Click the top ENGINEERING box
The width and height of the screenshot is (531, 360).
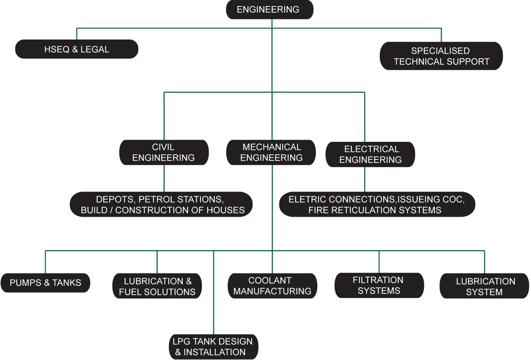pyautogui.click(x=269, y=10)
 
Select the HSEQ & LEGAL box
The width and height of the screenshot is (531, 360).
pyautogui.click(x=77, y=49)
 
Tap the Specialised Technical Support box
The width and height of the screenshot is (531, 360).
pyautogui.click(x=441, y=56)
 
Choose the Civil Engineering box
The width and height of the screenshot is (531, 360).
pyautogui.click(x=164, y=153)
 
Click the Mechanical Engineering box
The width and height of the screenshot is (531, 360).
pyautogui.click(x=271, y=153)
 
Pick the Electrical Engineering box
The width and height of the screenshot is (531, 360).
pyautogui.click(x=370, y=154)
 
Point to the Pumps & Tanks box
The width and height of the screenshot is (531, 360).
pyautogui.click(x=45, y=283)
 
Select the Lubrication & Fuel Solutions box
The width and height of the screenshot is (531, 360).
pyautogui.click(x=157, y=287)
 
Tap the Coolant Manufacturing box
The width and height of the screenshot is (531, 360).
pyautogui.click(x=272, y=286)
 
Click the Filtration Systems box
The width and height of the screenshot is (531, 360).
pyautogui.click(x=379, y=285)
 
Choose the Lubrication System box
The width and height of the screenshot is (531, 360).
pyautogui.click(x=484, y=287)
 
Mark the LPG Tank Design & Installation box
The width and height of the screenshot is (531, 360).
pyautogui.click(x=213, y=347)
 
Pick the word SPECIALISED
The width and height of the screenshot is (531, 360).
pyautogui.click(x=440, y=51)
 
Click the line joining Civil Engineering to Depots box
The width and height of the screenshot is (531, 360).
pyautogui.click(x=164, y=179)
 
